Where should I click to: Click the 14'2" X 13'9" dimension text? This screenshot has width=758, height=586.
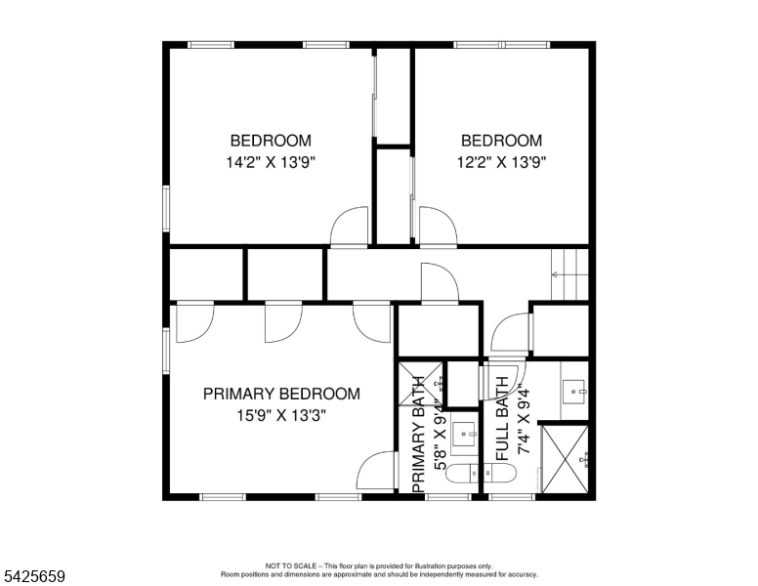pos(271,162)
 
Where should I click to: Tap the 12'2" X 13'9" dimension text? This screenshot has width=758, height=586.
pos(502,162)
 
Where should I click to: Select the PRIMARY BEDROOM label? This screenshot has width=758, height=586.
pos(281,394)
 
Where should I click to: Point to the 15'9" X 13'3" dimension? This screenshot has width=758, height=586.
pos(281,415)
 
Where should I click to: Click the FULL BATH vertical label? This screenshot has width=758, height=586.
pos(503,419)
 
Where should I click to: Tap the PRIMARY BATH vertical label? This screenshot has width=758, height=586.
pos(419,435)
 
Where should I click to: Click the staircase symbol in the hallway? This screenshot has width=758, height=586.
pos(569,274)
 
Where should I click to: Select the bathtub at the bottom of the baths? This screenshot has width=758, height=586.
pos(481,474)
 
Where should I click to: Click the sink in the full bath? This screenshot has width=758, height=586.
pos(574,391)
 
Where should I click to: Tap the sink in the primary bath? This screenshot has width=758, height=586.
pos(465,435)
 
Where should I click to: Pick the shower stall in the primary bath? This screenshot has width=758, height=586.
pos(421,385)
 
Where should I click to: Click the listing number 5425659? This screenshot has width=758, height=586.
pos(34,576)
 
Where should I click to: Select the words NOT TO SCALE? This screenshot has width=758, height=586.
pos(291,565)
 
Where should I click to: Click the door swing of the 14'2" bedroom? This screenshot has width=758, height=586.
pos(349,228)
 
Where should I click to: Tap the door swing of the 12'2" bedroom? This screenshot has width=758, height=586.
pos(438,228)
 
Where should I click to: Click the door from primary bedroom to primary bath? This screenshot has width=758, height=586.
pos(376,471)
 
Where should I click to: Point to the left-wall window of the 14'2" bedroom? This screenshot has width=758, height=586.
pos(166,209)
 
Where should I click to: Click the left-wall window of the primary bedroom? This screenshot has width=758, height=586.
pos(166,351)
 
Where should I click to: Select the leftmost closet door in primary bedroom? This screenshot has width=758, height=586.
pos(194,322)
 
